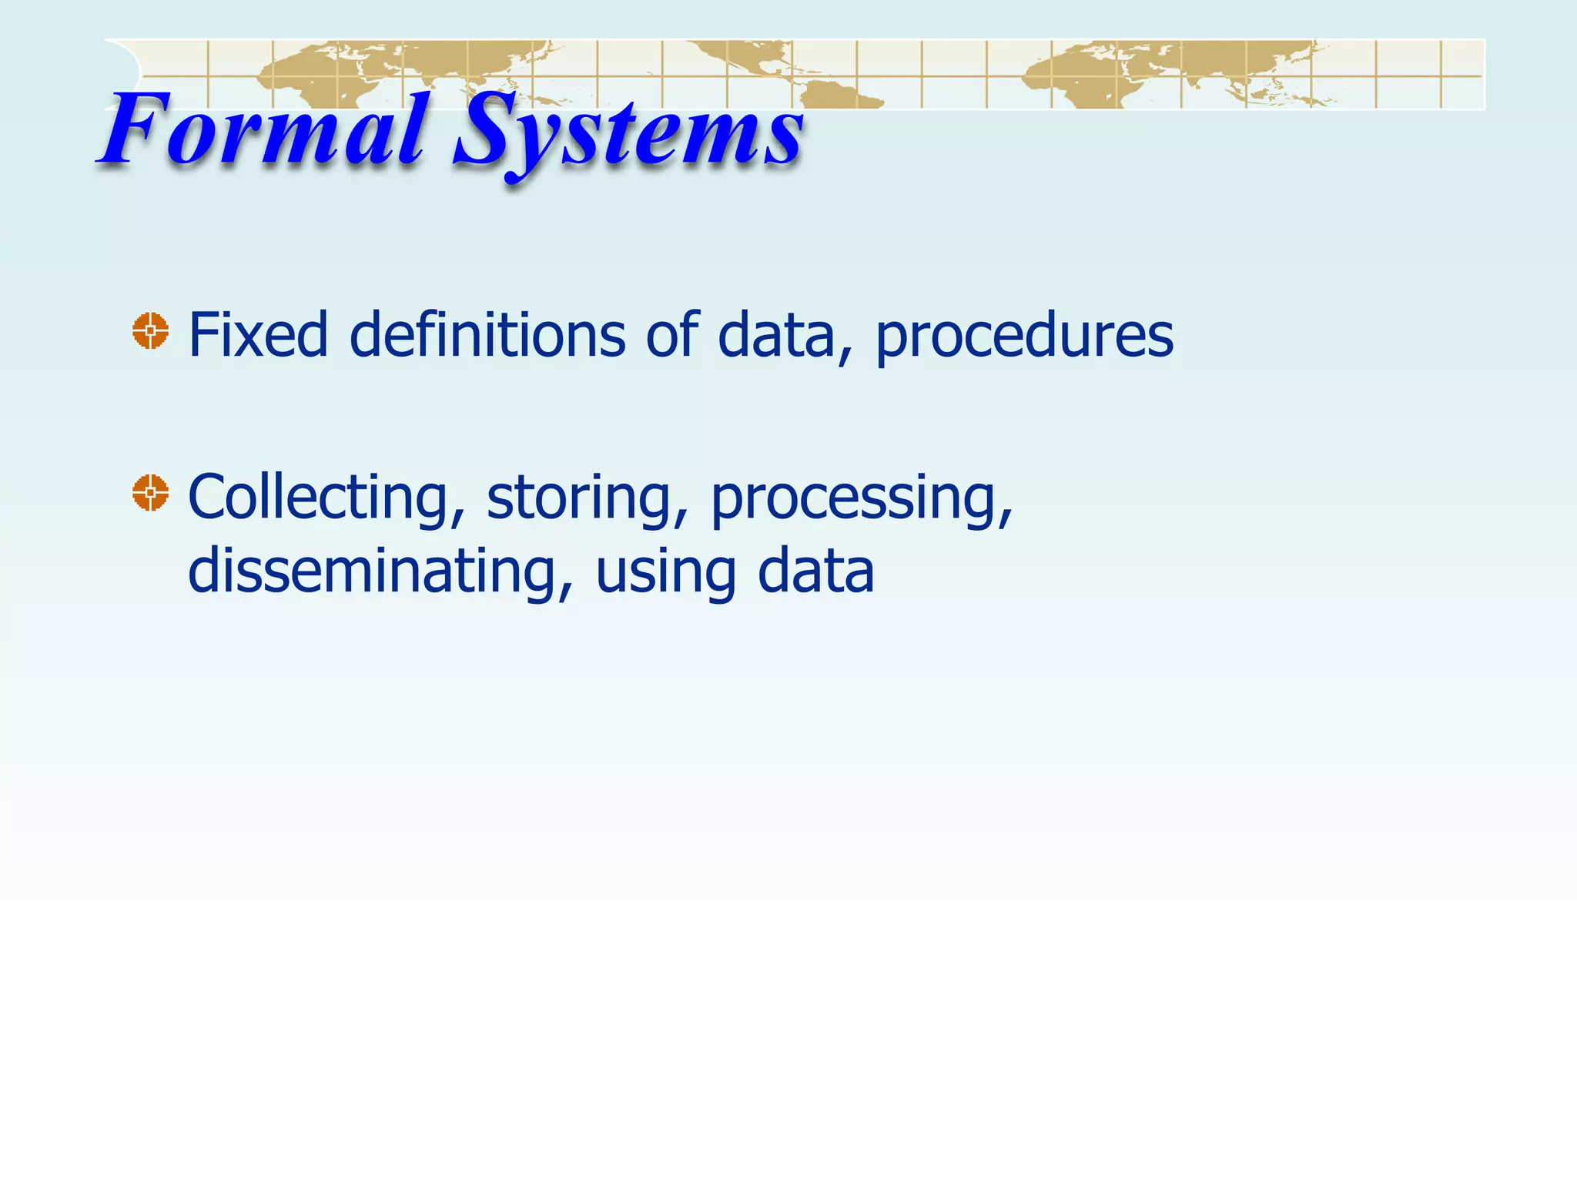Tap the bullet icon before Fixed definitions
click(x=150, y=331)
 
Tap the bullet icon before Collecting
click(x=150, y=493)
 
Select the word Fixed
click(x=258, y=335)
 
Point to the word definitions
click(x=487, y=335)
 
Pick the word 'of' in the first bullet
click(x=671, y=335)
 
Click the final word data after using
click(x=816, y=571)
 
